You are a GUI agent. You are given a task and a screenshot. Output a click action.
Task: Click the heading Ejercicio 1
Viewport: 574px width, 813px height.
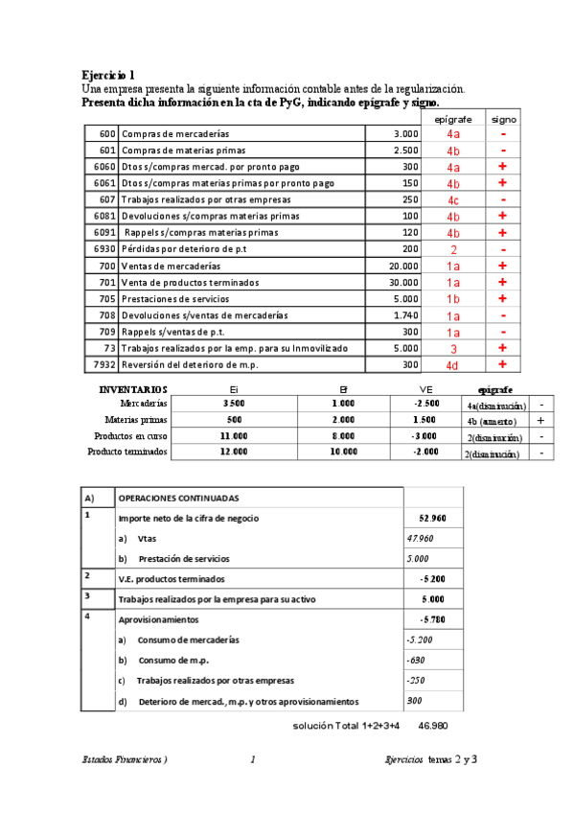(x=108, y=75)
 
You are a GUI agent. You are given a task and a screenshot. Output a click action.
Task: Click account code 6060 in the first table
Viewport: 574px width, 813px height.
(x=104, y=167)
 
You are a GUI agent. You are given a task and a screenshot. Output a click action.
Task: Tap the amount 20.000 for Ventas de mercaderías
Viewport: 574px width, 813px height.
(x=400, y=266)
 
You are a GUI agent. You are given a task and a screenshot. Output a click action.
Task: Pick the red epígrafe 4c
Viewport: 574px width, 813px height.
(x=453, y=200)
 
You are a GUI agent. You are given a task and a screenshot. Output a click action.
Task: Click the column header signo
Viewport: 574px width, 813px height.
(x=503, y=120)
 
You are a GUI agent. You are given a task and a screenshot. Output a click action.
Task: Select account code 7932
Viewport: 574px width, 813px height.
(x=104, y=364)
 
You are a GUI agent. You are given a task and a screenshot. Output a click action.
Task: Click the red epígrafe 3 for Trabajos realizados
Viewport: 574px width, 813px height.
(x=453, y=348)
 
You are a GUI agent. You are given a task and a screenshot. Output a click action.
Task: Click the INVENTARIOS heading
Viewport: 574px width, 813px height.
(x=133, y=390)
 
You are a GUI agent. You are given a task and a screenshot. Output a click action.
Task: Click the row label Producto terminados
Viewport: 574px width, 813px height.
(x=126, y=452)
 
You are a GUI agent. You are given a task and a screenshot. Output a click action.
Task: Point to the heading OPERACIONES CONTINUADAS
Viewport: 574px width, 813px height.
(x=178, y=499)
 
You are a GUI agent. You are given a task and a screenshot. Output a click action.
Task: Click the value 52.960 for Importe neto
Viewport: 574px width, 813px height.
(x=432, y=519)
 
